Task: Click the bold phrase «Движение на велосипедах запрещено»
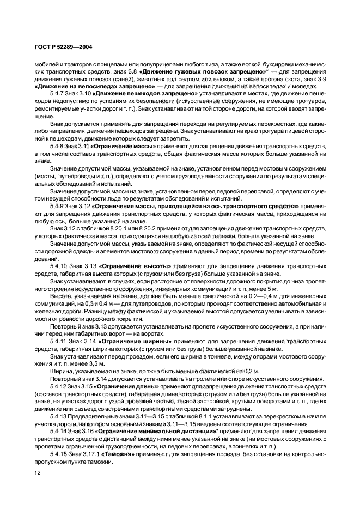tap(94, 86)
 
